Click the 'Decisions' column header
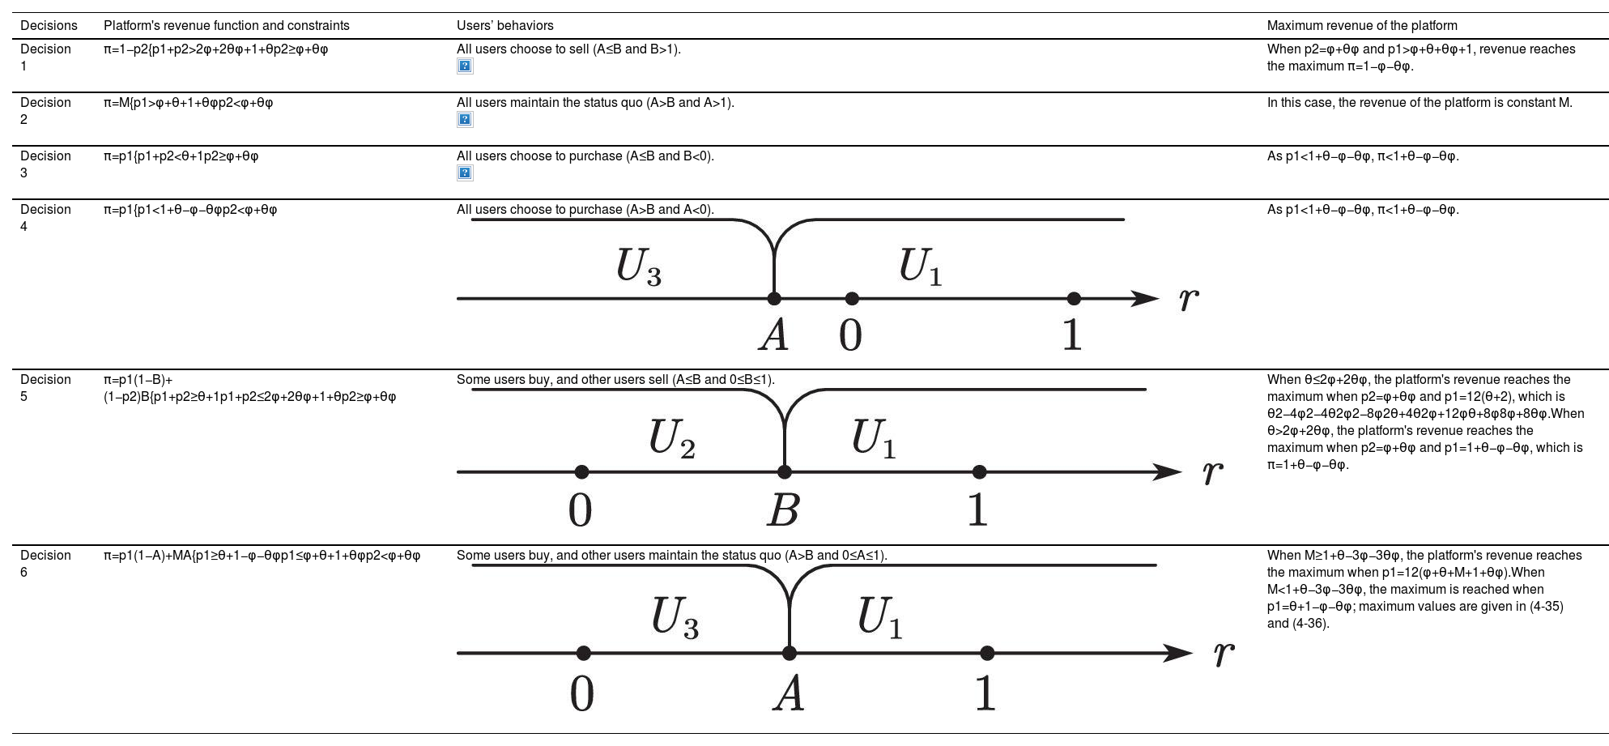(x=49, y=26)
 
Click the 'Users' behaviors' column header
(x=504, y=26)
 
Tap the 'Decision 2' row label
(x=45, y=111)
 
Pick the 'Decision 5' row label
(x=45, y=388)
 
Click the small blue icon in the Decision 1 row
(x=465, y=66)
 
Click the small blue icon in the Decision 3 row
(x=465, y=173)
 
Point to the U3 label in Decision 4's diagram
(x=638, y=266)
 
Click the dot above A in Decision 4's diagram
(x=774, y=299)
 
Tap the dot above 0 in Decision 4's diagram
(x=851, y=299)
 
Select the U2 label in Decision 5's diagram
(x=671, y=439)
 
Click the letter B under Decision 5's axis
(x=783, y=510)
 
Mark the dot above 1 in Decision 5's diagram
(x=979, y=471)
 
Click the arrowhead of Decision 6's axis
(x=1177, y=653)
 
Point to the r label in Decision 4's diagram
(x=1188, y=299)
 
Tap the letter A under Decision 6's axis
(x=788, y=694)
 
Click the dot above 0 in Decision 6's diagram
(x=583, y=653)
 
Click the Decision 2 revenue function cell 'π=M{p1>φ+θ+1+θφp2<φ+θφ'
(x=188, y=103)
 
